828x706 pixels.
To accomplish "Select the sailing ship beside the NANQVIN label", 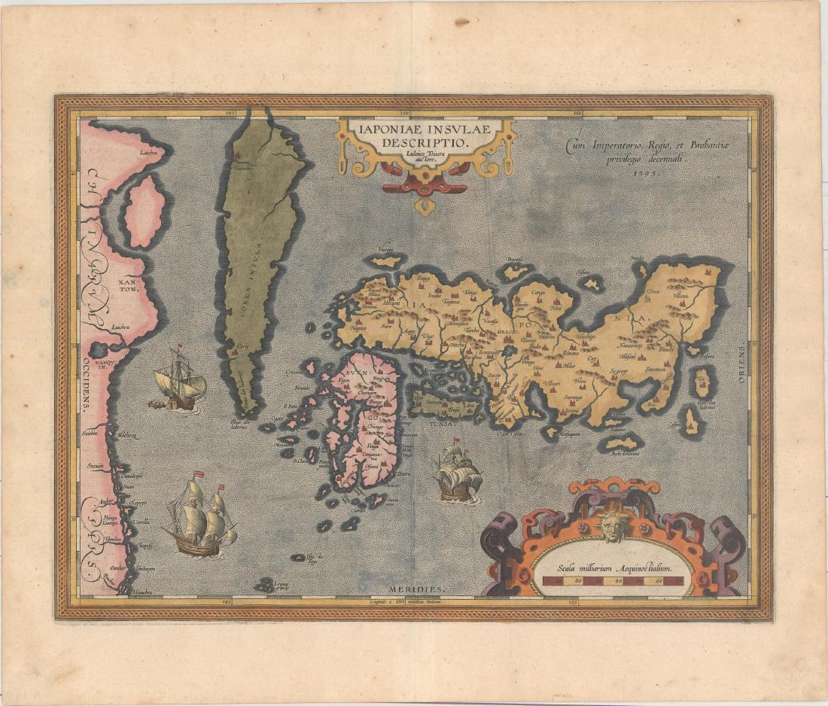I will tap(179, 380).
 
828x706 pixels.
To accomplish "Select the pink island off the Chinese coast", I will tap(143, 211).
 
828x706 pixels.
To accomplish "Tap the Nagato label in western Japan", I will tap(358, 327).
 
